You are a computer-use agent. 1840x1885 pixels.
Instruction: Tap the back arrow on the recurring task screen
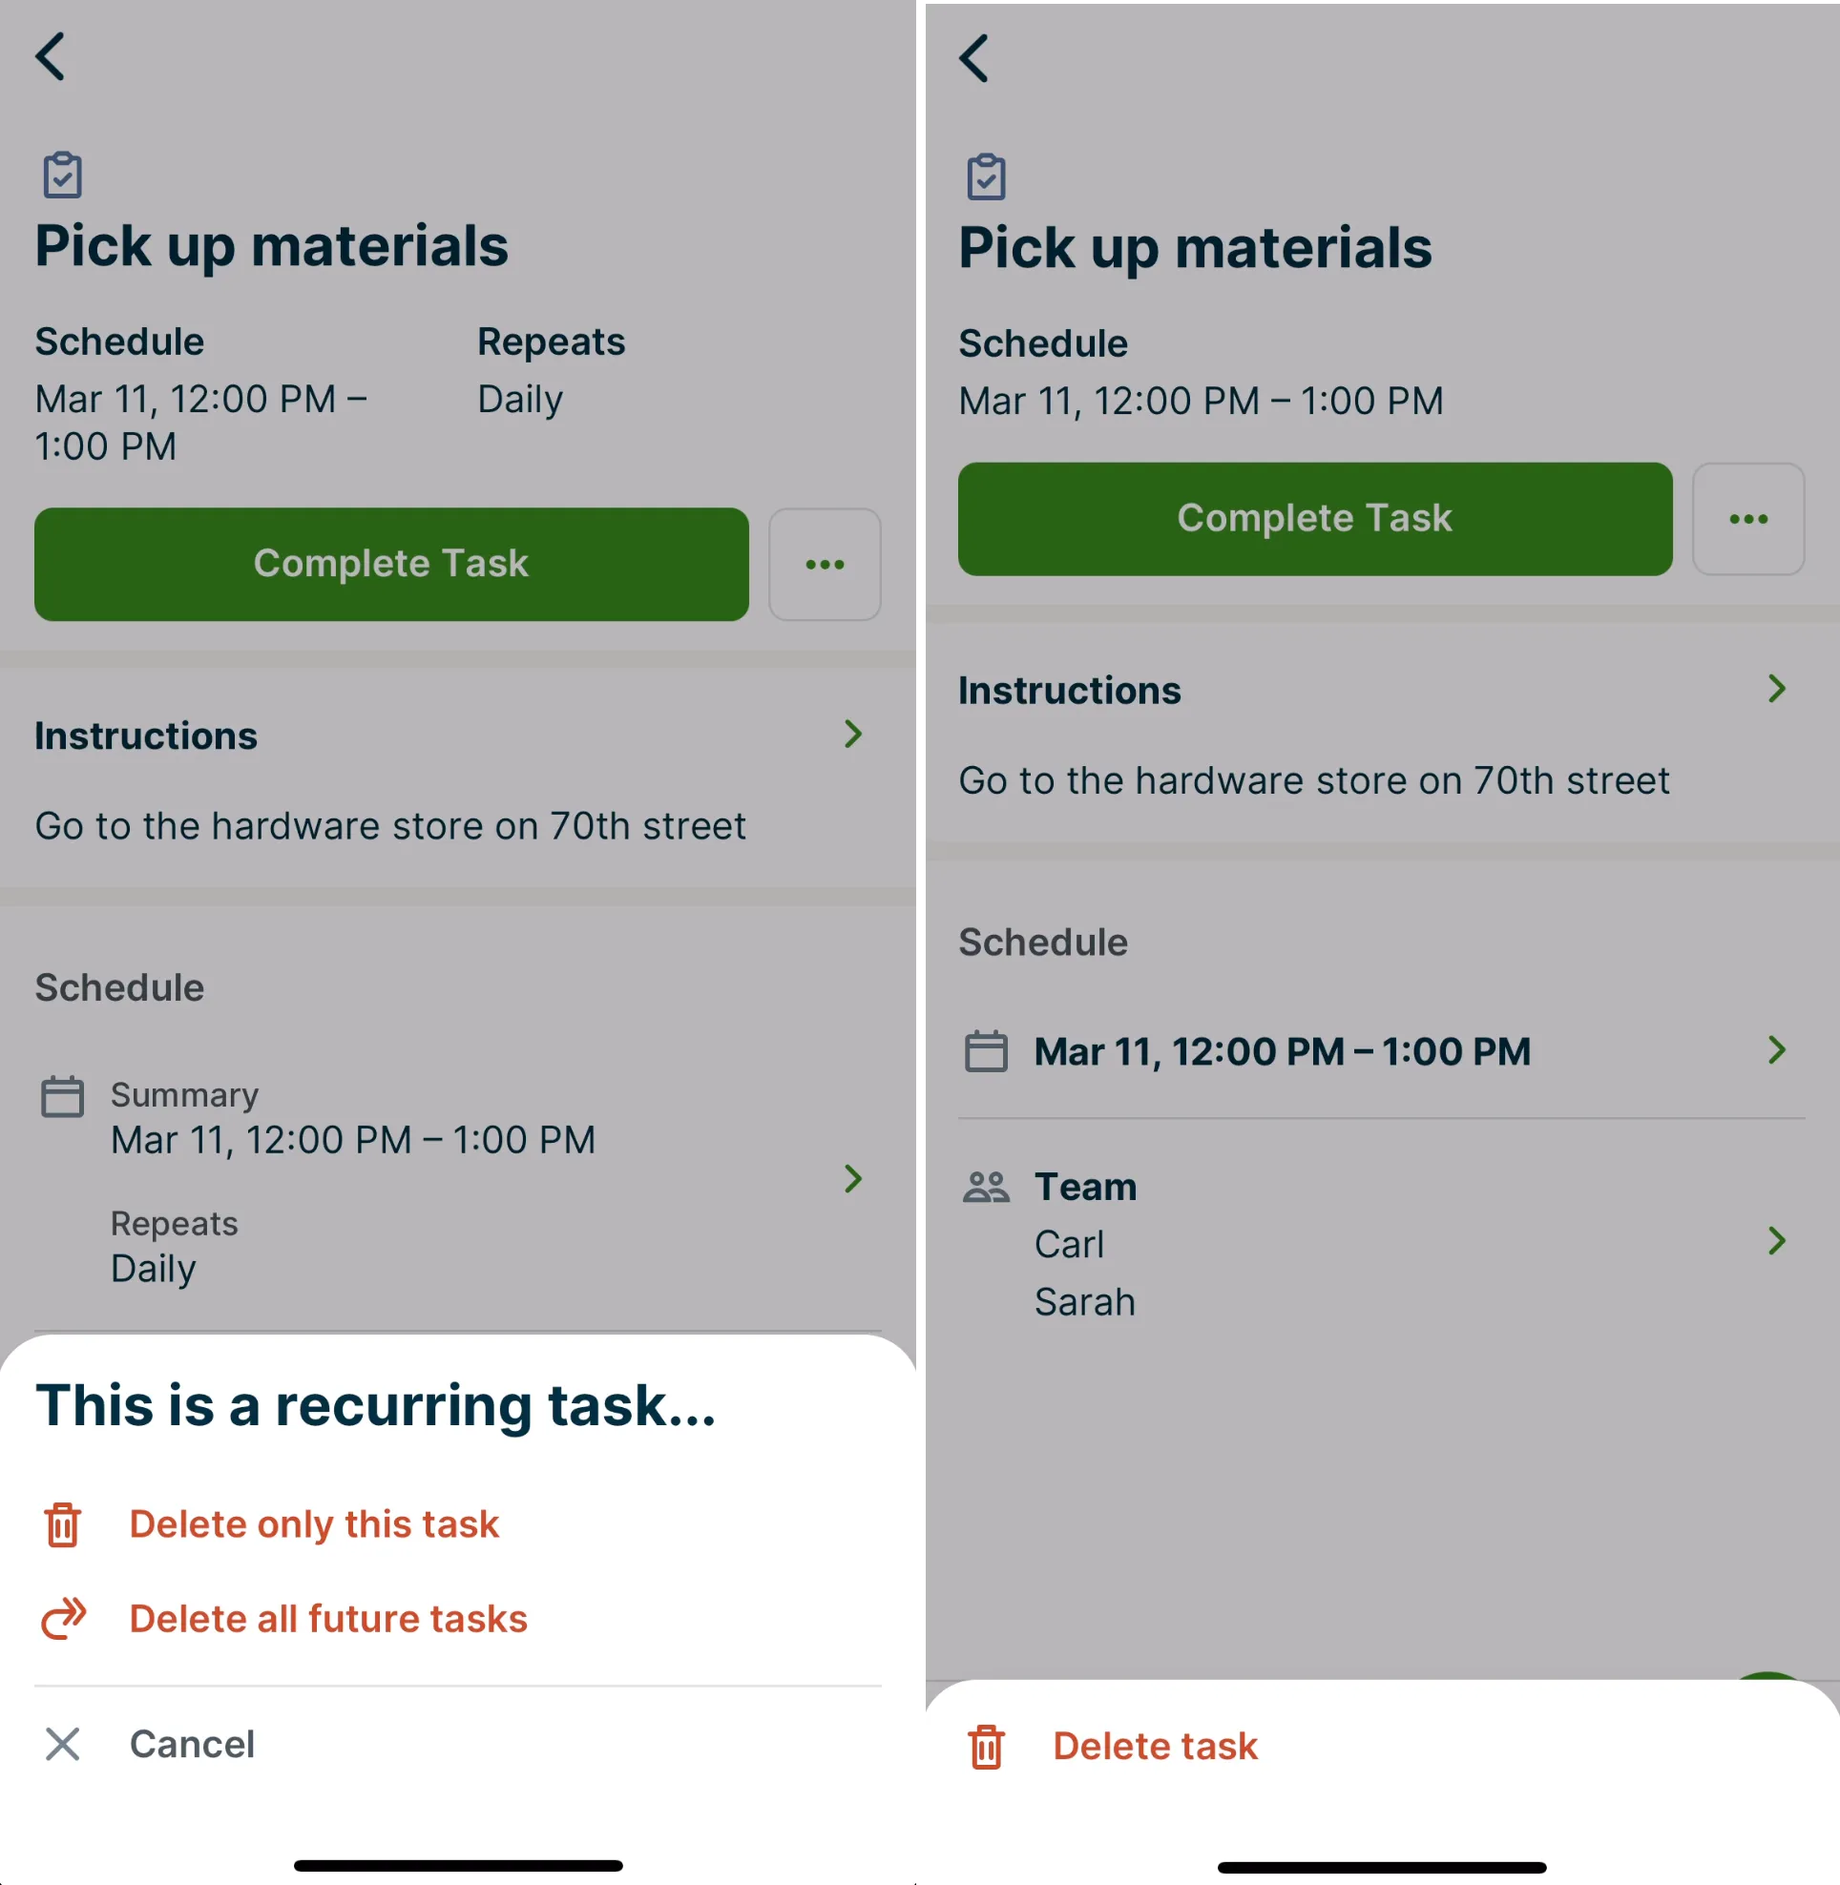pos(51,56)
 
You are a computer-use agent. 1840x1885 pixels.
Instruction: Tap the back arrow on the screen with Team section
pos(974,58)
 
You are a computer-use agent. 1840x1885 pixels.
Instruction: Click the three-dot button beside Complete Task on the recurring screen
pos(825,564)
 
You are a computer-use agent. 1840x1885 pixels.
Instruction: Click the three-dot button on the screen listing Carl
pos(1748,519)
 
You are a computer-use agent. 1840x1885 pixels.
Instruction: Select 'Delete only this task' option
pos(314,1523)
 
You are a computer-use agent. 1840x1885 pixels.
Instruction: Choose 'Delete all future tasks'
pos(328,1618)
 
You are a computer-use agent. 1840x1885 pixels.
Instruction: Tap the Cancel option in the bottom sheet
pos(193,1744)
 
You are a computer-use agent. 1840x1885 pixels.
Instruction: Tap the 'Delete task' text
pos(1155,1746)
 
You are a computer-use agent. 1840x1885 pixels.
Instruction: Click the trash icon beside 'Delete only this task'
pos(63,1524)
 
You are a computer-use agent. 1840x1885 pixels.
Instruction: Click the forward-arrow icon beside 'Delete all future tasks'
pos(64,1618)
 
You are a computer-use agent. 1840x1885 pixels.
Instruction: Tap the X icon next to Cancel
pos(63,1744)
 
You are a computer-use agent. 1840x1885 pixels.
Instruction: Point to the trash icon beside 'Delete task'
pos(986,1746)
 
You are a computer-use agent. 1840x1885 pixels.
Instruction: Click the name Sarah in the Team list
pos(1084,1302)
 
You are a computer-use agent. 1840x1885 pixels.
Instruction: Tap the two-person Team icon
pos(986,1187)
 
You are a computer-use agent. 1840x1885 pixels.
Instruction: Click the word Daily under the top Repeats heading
pos(520,400)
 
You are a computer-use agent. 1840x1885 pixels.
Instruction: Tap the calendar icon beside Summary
pos(63,1097)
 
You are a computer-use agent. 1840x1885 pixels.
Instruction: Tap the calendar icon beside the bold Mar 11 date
pos(986,1051)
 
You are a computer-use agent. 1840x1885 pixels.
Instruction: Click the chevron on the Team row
pos(1776,1240)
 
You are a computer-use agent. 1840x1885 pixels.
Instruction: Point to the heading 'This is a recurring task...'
pos(376,1405)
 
